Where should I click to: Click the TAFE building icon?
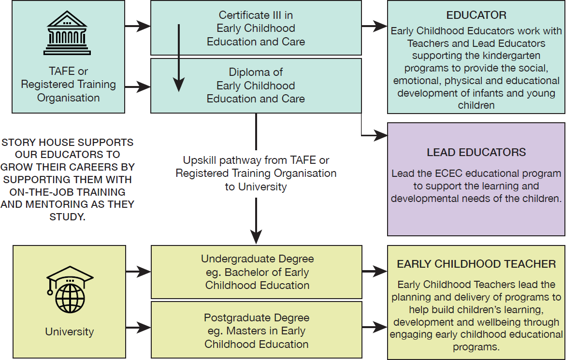coord(67,33)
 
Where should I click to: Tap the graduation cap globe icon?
coord(70,289)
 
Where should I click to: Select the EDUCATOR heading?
coord(476,15)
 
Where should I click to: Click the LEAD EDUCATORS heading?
coord(476,152)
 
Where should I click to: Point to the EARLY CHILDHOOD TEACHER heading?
coord(476,264)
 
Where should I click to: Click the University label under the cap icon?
coord(70,331)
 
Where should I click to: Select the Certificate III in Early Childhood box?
coord(256,28)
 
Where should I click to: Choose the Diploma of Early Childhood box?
coord(256,86)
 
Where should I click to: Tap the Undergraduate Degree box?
coord(257,272)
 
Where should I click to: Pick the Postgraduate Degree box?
coord(257,330)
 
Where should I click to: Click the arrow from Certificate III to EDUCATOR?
coord(374,26)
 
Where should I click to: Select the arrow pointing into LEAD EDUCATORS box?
coord(374,135)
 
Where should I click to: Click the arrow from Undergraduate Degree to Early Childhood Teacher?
coord(375,272)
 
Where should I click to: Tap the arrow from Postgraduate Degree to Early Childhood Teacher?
coord(375,327)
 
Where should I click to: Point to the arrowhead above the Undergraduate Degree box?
coord(256,237)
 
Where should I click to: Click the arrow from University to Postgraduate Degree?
coord(138,327)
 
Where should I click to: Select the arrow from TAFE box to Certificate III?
coord(138,26)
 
